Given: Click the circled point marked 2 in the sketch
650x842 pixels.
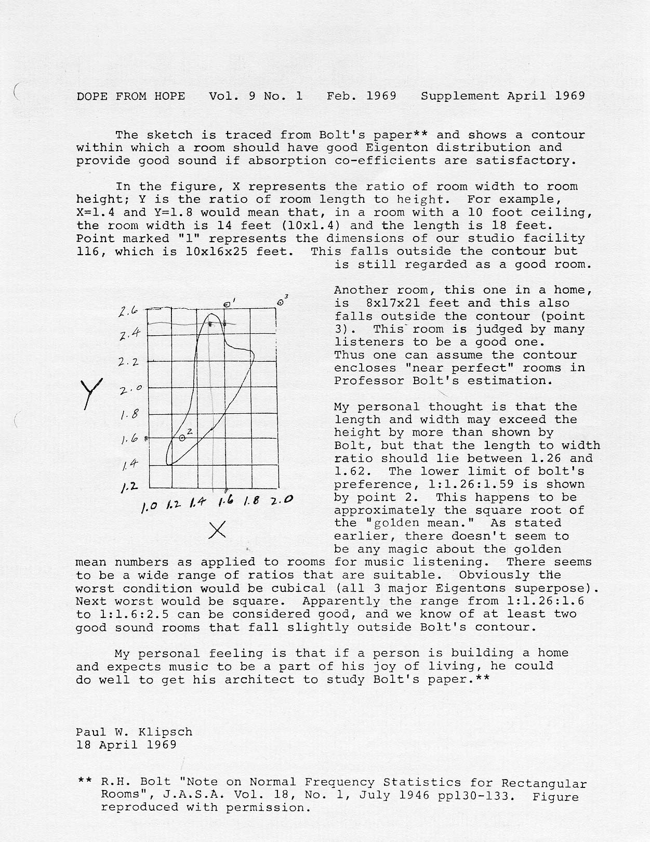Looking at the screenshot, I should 182,438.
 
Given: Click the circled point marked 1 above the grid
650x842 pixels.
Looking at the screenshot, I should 227,304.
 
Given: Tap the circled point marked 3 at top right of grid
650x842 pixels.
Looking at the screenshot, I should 281,301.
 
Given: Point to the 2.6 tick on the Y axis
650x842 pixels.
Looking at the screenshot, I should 127,312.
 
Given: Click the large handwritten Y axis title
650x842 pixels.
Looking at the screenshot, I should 91,393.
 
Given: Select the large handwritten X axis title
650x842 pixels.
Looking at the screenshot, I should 219,530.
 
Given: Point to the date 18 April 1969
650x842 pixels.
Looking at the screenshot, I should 126,744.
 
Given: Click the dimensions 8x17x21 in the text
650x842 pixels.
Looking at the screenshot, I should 386,303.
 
